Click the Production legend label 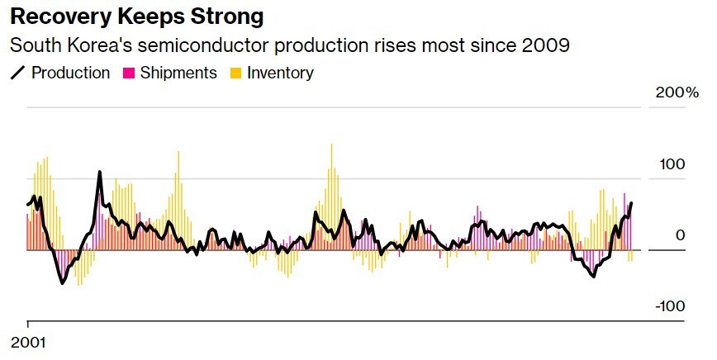point(70,73)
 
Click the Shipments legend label point(178,73)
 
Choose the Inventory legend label point(281,73)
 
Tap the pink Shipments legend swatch point(129,73)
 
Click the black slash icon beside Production point(17,73)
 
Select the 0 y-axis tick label point(680,235)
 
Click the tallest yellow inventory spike point(331,145)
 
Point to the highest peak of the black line point(100,173)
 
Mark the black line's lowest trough point(62,283)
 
